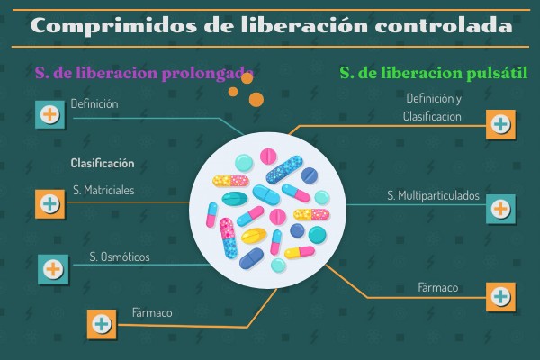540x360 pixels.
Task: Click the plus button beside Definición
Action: tap(49, 114)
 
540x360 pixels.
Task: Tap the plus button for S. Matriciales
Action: tap(49, 204)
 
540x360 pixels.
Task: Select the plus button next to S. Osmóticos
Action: tap(53, 269)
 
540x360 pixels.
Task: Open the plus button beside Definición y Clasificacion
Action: tap(500, 124)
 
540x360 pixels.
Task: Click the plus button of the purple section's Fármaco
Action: tap(102, 324)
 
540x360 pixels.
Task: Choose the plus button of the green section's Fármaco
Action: tap(500, 297)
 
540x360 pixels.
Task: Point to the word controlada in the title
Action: tap(444, 25)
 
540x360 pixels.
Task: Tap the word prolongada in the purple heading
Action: tap(208, 74)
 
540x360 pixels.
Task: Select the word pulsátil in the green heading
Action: tap(497, 73)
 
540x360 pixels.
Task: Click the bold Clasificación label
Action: tap(103, 163)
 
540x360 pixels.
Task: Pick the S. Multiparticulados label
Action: tap(433, 195)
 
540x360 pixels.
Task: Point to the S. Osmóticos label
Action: tap(120, 256)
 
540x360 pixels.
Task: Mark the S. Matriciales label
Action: tap(103, 190)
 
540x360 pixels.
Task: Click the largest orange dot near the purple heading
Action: tap(256, 100)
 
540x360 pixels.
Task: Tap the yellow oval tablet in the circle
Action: tap(254, 236)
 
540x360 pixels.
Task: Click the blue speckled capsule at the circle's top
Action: tap(284, 169)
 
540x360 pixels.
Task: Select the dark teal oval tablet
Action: tap(235, 199)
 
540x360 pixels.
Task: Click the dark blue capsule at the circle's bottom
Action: tap(251, 258)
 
